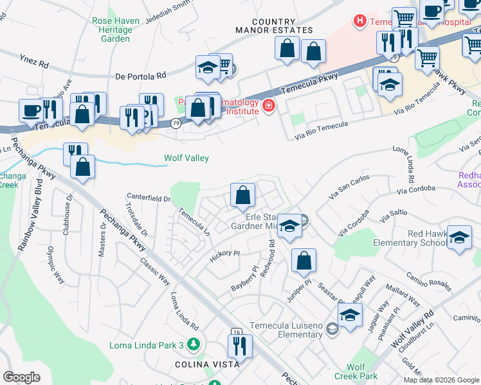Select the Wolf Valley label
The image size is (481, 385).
[x=186, y=158]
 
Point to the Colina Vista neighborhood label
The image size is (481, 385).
[x=208, y=364]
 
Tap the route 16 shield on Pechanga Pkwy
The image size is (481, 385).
[x=236, y=332]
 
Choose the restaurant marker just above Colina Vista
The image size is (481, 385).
[x=240, y=346]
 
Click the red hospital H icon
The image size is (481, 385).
[x=359, y=21]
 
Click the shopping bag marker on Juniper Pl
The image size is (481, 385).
[x=304, y=261]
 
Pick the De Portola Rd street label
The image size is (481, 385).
[x=140, y=76]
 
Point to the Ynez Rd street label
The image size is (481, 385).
[x=34, y=64]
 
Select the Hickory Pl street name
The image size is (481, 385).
[x=224, y=257]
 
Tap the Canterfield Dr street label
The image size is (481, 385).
[x=149, y=198]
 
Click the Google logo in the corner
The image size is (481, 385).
[x=22, y=377]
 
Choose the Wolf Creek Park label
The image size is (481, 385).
[x=360, y=372]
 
